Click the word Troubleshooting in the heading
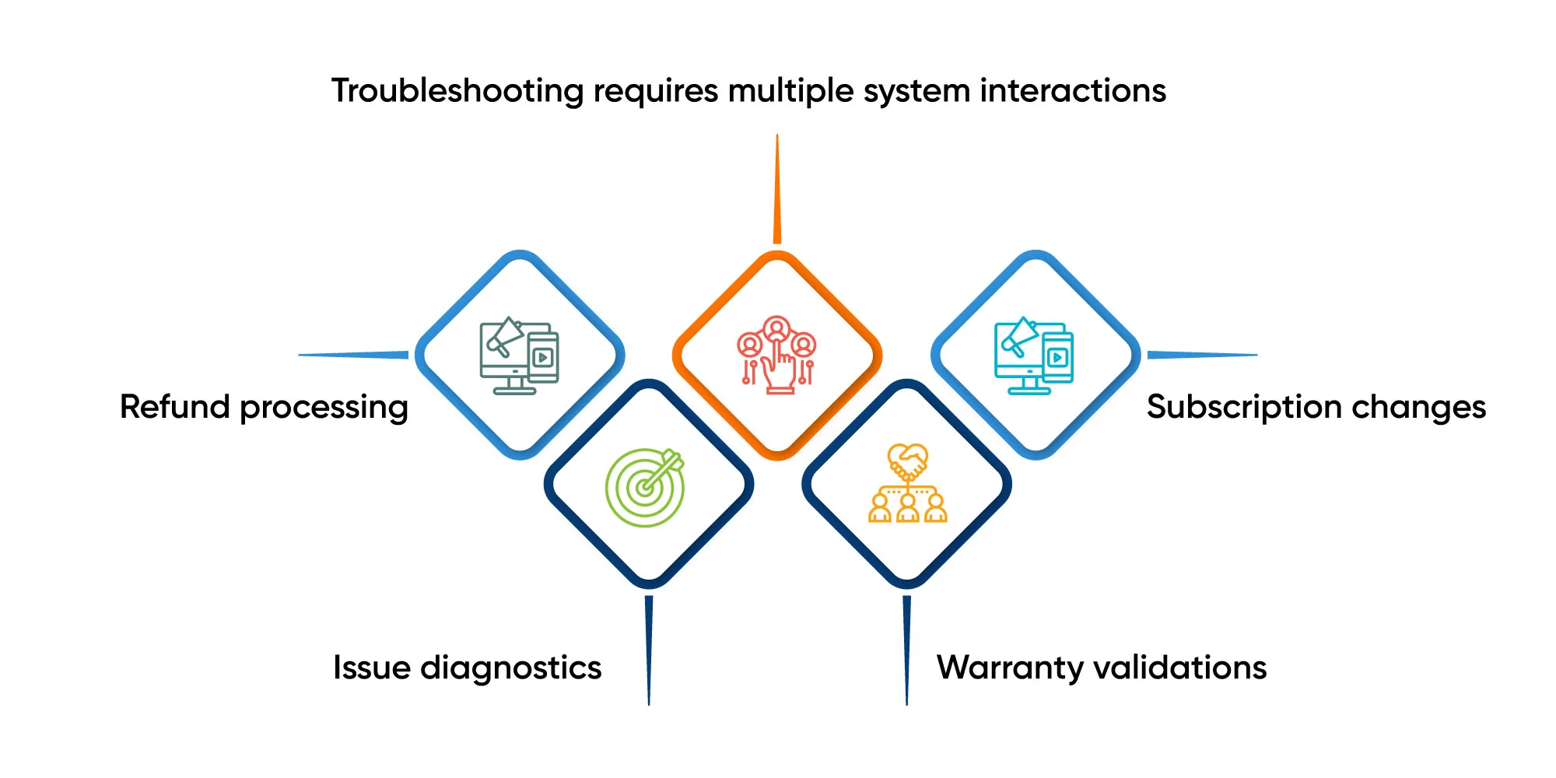tap(457, 92)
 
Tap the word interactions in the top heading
tap(1073, 91)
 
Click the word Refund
tap(174, 407)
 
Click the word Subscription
tap(1243, 408)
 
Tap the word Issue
tap(371, 668)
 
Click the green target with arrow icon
tap(645, 487)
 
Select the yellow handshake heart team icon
tap(907, 483)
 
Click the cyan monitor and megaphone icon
tap(1034, 356)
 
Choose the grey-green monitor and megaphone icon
tap(519, 356)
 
